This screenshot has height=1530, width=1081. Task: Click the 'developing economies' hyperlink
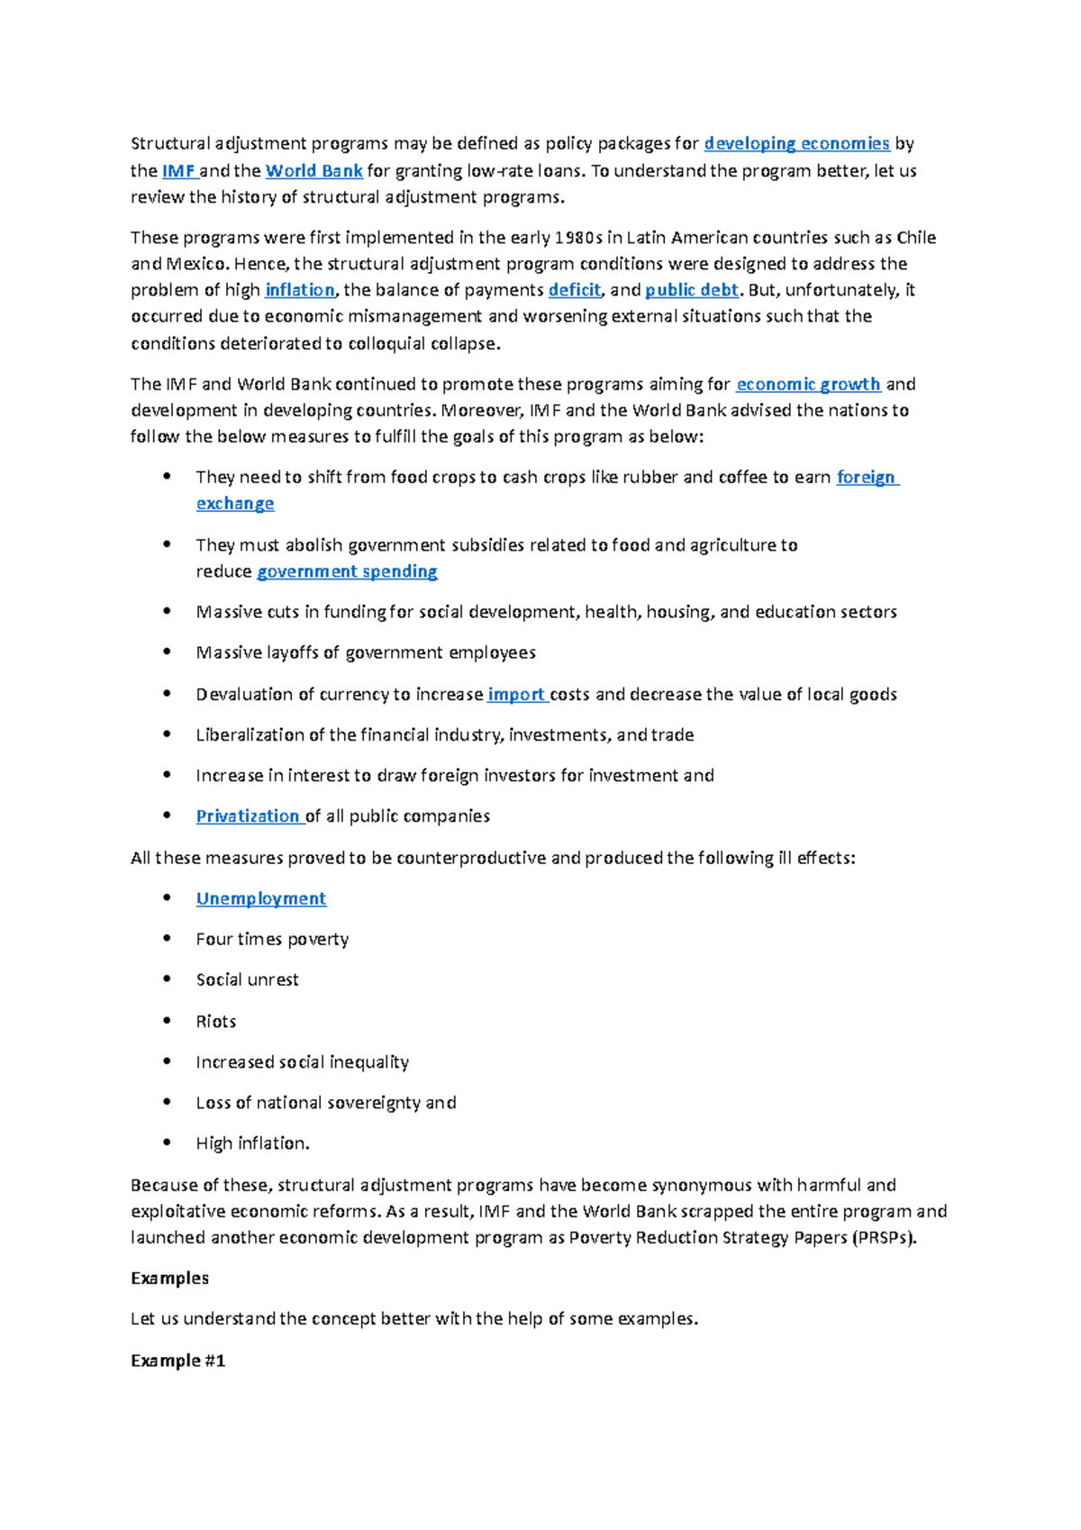point(796,143)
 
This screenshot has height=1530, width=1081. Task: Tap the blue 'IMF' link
point(177,170)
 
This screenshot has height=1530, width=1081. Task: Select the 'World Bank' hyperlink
point(313,170)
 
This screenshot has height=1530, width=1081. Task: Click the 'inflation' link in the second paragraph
point(299,290)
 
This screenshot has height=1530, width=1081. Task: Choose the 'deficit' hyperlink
point(574,290)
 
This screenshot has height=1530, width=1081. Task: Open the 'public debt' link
point(692,290)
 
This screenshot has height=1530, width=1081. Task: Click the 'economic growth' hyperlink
point(808,384)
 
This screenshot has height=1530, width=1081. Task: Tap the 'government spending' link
point(347,571)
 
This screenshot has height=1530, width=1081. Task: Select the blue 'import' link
point(515,694)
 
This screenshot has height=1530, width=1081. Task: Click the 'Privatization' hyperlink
point(248,816)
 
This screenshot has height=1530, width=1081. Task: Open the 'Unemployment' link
point(261,898)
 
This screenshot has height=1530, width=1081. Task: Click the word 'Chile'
point(916,238)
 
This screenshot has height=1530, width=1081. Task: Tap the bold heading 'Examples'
point(169,1278)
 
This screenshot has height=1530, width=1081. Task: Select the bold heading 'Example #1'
point(177,1361)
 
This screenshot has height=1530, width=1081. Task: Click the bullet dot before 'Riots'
point(167,1021)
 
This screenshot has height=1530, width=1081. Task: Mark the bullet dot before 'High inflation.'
point(167,1143)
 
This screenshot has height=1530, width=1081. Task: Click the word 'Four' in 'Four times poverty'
point(213,939)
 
